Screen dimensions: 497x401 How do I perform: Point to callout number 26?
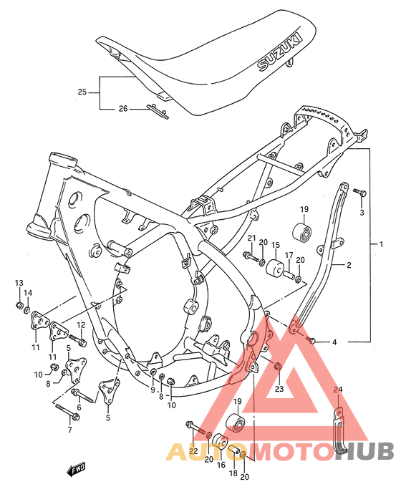click(x=122, y=108)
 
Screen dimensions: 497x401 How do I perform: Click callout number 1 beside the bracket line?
click(x=381, y=244)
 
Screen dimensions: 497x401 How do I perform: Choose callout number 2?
click(x=349, y=265)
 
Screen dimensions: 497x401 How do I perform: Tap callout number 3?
click(x=362, y=212)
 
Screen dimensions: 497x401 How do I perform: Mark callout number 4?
click(x=334, y=342)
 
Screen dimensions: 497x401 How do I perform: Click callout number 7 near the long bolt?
click(x=69, y=430)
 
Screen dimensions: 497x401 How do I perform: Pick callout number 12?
click(x=81, y=325)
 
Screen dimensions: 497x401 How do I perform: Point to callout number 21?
click(x=251, y=238)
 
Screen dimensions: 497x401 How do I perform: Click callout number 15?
click(x=275, y=245)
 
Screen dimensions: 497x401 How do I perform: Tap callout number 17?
click(x=289, y=255)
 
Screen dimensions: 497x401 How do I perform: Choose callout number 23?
click(x=279, y=390)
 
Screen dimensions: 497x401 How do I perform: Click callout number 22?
click(x=193, y=450)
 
